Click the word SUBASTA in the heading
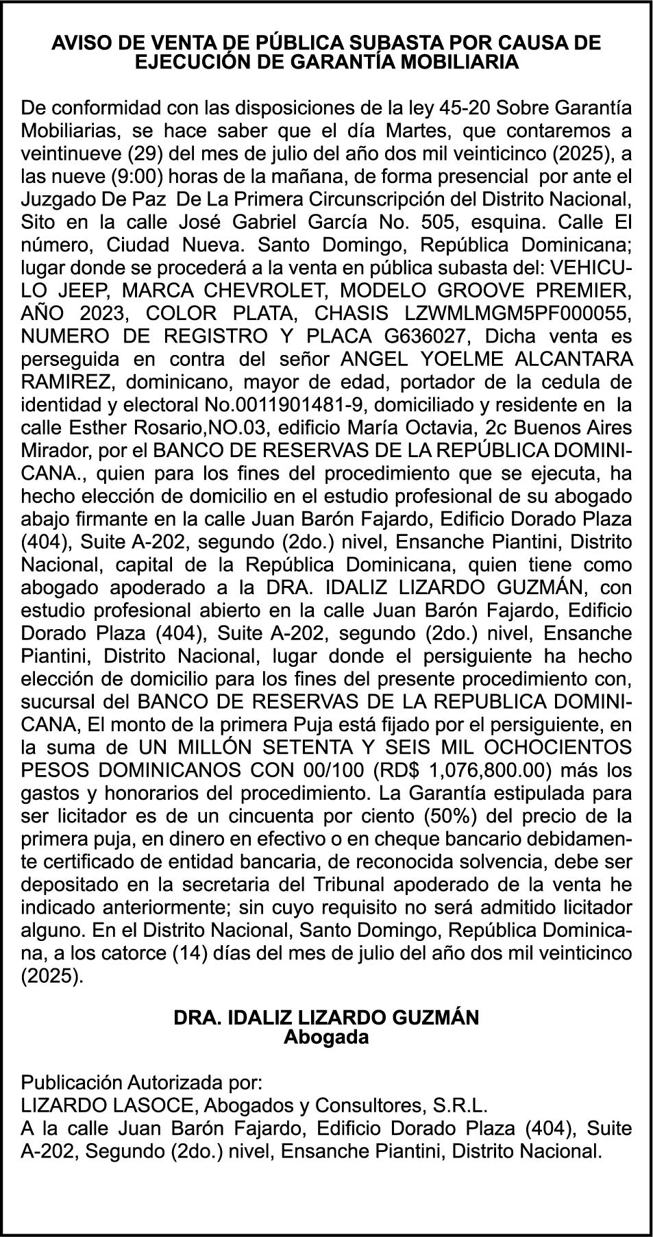406,42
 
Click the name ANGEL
373,360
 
